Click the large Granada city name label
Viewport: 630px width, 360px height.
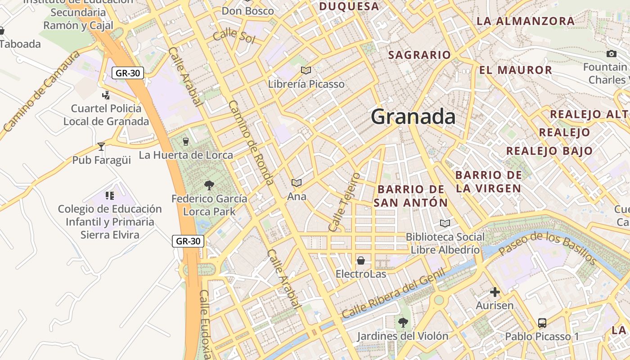413,117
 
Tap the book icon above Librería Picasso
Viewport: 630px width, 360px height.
306,71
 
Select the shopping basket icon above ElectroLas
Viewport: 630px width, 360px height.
360,261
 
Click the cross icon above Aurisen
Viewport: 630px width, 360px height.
495,292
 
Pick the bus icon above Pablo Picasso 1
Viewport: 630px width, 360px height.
542,323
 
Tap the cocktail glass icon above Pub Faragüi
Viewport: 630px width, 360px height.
101,147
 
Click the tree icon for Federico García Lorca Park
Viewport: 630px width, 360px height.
209,185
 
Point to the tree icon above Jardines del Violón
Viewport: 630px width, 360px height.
403,322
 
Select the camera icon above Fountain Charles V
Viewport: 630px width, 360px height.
611,54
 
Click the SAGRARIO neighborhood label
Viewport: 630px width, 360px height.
419,55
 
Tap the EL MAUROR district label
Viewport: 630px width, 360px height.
516,70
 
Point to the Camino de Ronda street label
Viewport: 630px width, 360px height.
251,143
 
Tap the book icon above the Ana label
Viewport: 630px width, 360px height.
296,183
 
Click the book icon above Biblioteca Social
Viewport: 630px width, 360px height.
445,223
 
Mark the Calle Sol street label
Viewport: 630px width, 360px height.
234,36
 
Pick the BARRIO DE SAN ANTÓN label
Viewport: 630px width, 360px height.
411,196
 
